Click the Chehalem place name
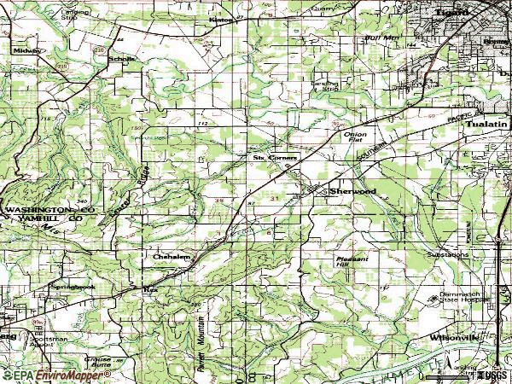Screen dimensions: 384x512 (170, 255)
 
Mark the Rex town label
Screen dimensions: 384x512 (152, 290)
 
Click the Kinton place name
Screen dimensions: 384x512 (221, 18)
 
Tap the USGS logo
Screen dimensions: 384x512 (491, 375)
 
